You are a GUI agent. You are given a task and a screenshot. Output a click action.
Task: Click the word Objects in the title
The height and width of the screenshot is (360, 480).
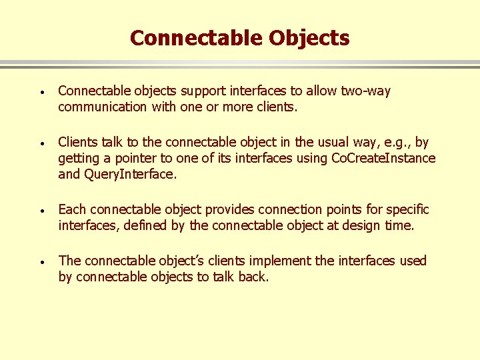309,38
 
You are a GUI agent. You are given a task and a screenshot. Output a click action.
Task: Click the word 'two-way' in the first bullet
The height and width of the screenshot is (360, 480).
365,91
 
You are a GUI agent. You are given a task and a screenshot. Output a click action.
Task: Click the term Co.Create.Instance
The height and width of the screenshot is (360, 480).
383,158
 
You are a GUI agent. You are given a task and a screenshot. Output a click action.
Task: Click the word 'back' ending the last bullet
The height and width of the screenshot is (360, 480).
252,277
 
